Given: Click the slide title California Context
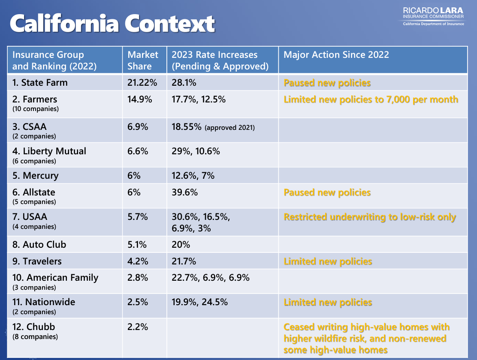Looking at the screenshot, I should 112,24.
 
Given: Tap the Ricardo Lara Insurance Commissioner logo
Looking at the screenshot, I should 433,17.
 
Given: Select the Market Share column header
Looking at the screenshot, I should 143,60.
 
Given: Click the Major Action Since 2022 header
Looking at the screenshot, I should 336,55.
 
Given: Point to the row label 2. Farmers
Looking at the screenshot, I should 35,99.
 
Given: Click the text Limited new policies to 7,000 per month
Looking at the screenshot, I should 371,100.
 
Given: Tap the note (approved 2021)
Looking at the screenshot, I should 229,128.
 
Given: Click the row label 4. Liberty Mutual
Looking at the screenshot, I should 49,151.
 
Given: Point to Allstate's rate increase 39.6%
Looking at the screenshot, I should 184,192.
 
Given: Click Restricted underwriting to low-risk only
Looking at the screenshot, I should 370,217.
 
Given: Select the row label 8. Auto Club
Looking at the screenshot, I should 39,245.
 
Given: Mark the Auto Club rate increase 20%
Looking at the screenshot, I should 181,245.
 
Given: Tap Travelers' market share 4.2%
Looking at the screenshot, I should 137,261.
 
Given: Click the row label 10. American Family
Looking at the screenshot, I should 55,278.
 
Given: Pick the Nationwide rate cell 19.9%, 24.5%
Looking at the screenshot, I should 199,302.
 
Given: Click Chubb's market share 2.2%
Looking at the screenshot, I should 137,327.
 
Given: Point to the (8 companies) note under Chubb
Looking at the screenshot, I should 35,337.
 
